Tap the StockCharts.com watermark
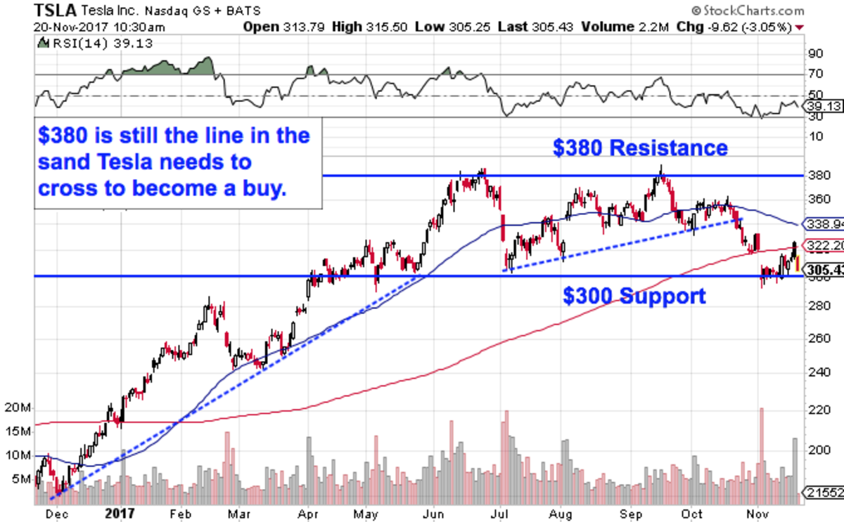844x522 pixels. (747, 11)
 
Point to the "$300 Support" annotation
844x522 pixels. (634, 296)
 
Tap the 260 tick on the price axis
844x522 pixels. (817, 338)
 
